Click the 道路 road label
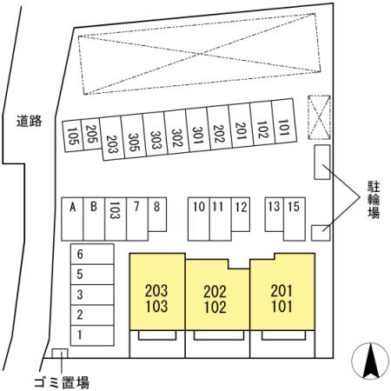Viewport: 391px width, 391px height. [29, 121]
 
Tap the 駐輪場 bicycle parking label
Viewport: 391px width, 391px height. [374, 200]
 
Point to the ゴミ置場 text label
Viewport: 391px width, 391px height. [62, 382]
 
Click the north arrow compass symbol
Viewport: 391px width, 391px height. [370, 361]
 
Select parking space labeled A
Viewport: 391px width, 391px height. [72, 219]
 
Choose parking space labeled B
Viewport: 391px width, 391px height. [94, 219]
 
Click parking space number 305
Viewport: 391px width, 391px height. [134, 136]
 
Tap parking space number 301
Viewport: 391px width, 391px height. [198, 130]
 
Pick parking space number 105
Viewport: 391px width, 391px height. [73, 136]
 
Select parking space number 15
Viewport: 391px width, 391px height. [295, 219]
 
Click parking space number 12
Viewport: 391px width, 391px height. [241, 215]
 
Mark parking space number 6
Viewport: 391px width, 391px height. [92, 254]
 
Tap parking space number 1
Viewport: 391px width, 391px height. [92, 335]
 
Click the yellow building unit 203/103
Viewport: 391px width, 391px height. [157, 292]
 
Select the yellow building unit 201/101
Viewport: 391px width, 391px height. [282, 292]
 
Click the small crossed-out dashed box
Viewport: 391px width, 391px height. [319, 117]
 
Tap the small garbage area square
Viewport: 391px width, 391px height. [60, 354]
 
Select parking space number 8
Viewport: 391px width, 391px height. [157, 215]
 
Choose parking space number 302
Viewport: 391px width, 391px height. [176, 132]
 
